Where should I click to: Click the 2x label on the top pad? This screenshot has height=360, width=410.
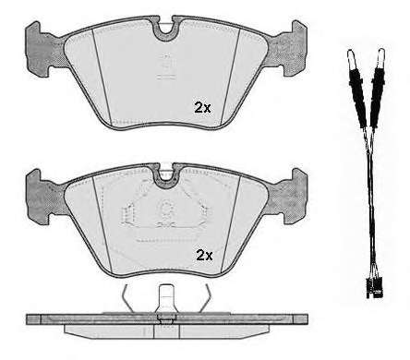coord(202,107)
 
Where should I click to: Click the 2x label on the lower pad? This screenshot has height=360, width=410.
coord(204,255)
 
